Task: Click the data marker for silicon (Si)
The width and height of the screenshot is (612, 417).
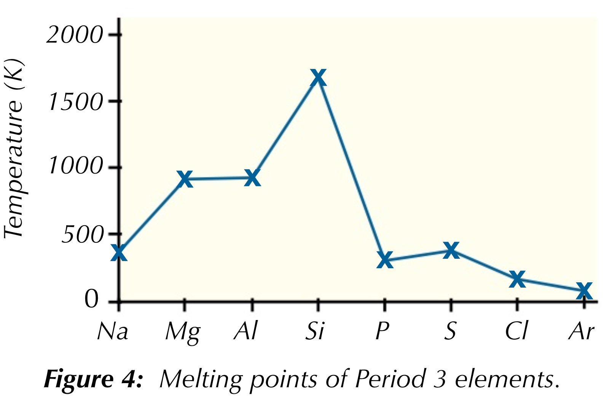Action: (x=318, y=77)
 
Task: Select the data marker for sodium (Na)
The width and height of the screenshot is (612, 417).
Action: (x=119, y=253)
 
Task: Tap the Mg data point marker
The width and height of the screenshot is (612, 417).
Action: (x=185, y=179)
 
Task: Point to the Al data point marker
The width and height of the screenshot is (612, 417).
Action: (x=252, y=178)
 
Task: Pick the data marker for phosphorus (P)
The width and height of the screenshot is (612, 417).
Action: (x=385, y=260)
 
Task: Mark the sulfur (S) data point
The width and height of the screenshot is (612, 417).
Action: (x=451, y=250)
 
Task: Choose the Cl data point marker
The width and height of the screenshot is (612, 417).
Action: (x=518, y=279)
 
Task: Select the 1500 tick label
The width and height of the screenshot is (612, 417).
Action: (x=75, y=102)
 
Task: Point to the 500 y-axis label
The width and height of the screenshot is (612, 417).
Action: (x=82, y=234)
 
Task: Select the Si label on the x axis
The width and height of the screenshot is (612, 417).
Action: (x=315, y=331)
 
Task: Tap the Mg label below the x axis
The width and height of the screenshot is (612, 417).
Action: (x=183, y=332)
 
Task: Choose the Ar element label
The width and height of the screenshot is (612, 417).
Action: (x=581, y=331)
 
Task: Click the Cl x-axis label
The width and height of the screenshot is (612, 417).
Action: (x=517, y=331)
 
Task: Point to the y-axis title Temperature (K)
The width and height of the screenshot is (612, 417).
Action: (x=14, y=148)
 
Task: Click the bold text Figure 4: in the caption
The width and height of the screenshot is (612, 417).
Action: (x=94, y=379)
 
